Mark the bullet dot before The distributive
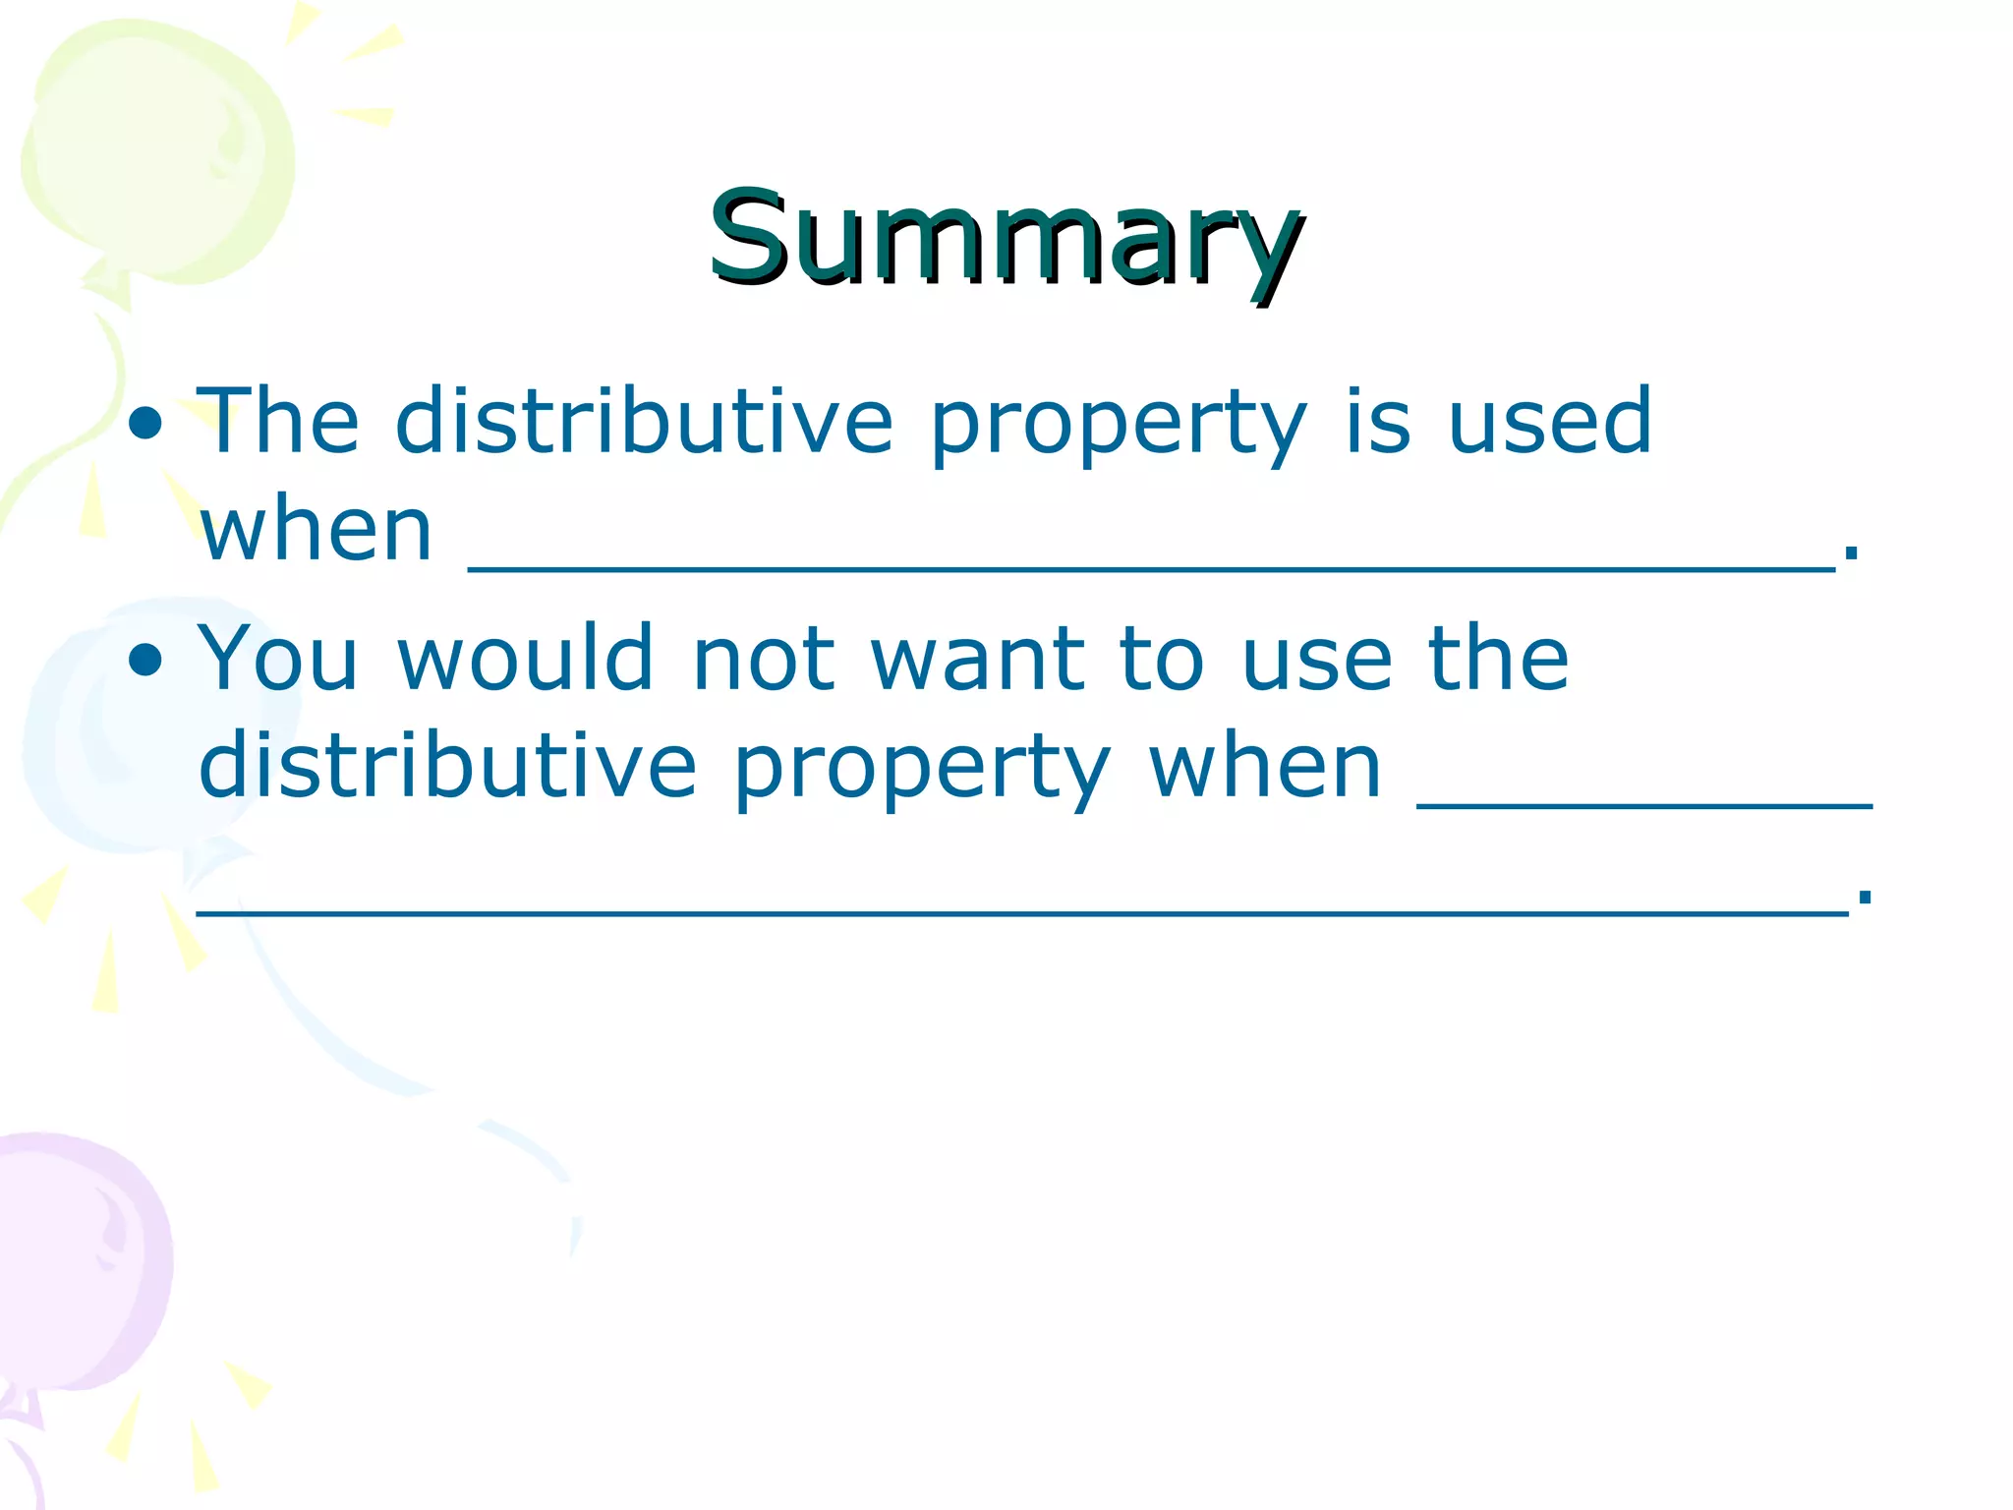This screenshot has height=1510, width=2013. click(x=145, y=424)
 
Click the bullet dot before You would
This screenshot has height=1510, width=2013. click(x=145, y=660)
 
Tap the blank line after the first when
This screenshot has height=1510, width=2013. click(x=1150, y=566)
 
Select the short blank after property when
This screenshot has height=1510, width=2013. click(x=1643, y=804)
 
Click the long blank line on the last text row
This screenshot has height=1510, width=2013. click(x=1022, y=912)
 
